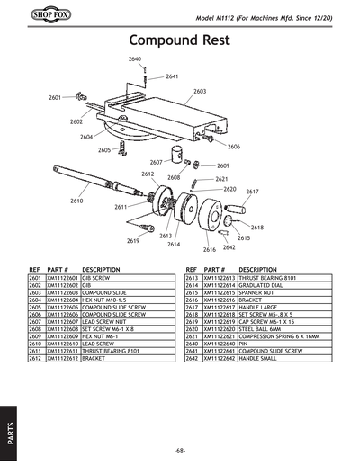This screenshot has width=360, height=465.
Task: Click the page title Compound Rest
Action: pyautogui.click(x=179, y=40)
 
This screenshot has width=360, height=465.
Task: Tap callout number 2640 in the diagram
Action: pyautogui.click(x=135, y=58)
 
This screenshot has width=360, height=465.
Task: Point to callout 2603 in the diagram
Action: pyautogui.click(x=200, y=92)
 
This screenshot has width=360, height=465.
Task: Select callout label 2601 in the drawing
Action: pyautogui.click(x=55, y=97)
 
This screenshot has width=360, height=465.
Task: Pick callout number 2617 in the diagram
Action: pyautogui.click(x=253, y=192)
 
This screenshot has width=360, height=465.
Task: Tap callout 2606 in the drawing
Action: pyautogui.click(x=234, y=146)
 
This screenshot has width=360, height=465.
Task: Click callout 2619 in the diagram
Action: pyautogui.click(x=133, y=241)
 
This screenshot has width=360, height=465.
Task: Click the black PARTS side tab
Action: pyautogui.click(x=10, y=426)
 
